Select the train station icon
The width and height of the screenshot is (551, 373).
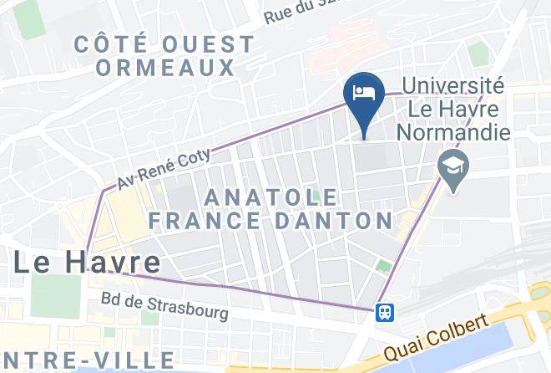[x=385, y=311]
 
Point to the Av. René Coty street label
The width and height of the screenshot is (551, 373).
[x=164, y=167]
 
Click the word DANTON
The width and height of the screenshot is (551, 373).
[x=349, y=222]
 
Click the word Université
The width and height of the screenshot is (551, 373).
[x=452, y=86]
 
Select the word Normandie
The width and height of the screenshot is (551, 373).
[x=452, y=131]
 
